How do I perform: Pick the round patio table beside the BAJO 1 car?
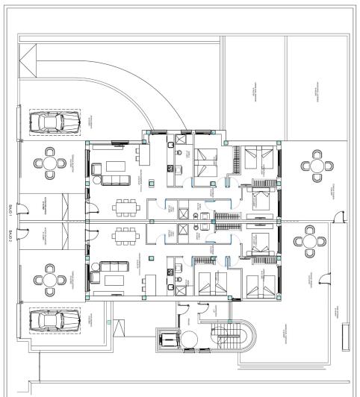point(50,164)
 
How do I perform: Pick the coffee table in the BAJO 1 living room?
point(114,165)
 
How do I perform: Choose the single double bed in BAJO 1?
point(205,157)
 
